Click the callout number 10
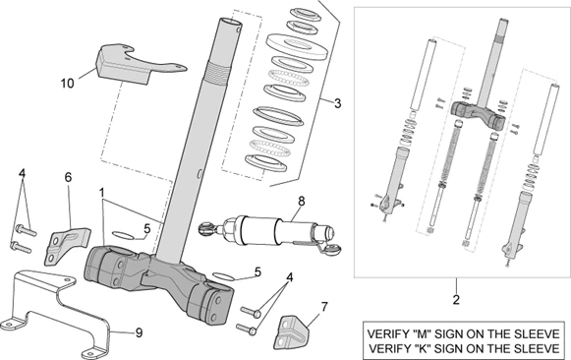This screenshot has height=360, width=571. (x=67, y=84)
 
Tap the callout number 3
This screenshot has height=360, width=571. (x=337, y=102)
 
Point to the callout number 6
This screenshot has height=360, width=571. (x=68, y=177)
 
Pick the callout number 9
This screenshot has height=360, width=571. (x=138, y=332)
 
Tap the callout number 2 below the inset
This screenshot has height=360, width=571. (x=455, y=295)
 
